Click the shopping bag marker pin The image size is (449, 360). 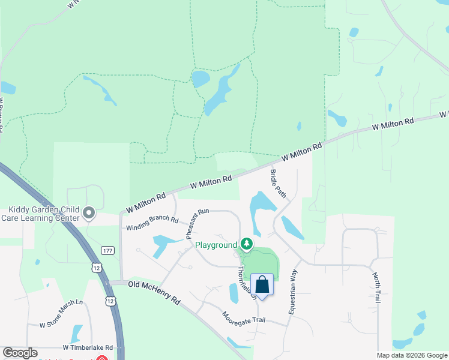click(262, 284)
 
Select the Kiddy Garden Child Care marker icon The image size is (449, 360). click(89, 212)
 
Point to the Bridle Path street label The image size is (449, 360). click(277, 184)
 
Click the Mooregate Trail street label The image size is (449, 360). click(243, 317)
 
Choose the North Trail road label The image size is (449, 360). click(376, 287)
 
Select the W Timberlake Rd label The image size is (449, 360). click(88, 347)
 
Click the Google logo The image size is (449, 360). click(20, 353)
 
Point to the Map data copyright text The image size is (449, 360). click(411, 355)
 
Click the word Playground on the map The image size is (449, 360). click(216, 245)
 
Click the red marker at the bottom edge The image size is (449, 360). click(101, 358)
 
